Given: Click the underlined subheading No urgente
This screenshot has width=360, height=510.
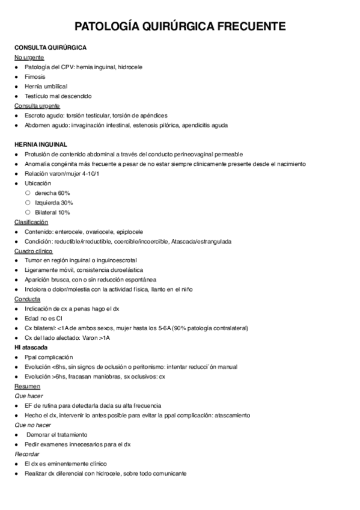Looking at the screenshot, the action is point(29,57).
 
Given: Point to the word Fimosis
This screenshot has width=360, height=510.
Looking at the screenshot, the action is point(35,77).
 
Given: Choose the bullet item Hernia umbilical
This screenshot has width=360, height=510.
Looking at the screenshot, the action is point(46,87).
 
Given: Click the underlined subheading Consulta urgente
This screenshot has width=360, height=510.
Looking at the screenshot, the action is point(37,105).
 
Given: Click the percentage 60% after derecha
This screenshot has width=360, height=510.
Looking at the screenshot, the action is point(64,192).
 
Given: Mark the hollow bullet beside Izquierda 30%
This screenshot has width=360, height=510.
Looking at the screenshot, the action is point(28,203).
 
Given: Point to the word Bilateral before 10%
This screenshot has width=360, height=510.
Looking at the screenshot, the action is point(46,212).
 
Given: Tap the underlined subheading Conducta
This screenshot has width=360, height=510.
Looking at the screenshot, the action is point(27,299).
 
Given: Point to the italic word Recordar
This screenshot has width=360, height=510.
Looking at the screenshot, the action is point(28,454).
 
